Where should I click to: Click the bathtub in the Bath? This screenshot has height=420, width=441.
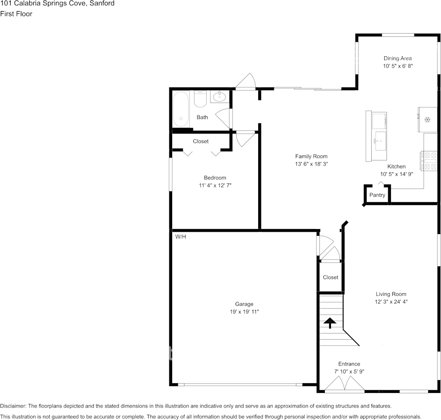click(x=181, y=109)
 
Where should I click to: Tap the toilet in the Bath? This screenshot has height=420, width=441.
click(x=200, y=99)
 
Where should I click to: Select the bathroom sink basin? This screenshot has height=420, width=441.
click(x=219, y=97)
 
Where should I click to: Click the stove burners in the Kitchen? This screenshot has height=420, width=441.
click(x=429, y=161)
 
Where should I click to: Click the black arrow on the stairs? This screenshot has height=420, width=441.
click(x=330, y=323)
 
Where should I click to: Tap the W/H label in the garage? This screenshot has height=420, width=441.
click(x=181, y=237)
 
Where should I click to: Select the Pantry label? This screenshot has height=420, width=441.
click(x=377, y=195)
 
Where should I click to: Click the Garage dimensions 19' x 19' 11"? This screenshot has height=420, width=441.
click(x=244, y=312)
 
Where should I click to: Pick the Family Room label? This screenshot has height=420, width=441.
click(x=311, y=156)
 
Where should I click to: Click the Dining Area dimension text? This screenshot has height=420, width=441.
click(x=398, y=66)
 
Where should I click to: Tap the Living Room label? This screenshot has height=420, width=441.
click(x=391, y=294)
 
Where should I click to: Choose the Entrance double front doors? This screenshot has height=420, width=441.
click(x=345, y=384)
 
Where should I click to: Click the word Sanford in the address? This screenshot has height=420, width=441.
click(x=102, y=4)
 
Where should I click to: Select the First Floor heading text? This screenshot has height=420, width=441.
click(x=16, y=14)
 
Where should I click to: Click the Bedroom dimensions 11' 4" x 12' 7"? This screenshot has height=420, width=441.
click(x=215, y=185)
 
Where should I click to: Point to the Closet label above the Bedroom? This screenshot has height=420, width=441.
click(x=201, y=141)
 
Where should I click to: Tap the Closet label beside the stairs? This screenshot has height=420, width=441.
click(x=331, y=277)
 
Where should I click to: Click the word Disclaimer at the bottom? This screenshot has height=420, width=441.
click(x=13, y=406)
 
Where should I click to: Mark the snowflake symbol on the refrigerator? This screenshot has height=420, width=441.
click(x=428, y=119)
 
